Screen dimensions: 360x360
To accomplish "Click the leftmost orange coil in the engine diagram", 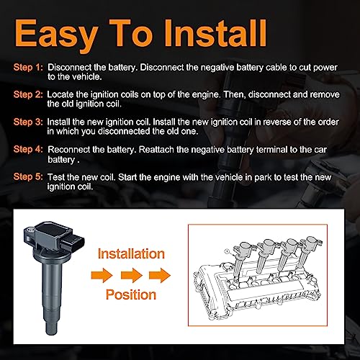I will (x=241, y=255).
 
